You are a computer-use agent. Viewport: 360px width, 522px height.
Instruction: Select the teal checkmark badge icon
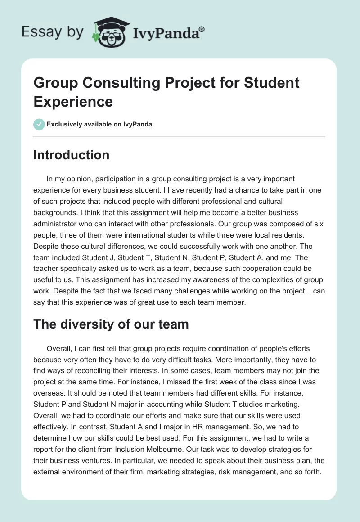39,124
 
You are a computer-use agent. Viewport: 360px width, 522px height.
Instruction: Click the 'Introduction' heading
72,155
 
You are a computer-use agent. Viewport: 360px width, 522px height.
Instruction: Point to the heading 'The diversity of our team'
111,324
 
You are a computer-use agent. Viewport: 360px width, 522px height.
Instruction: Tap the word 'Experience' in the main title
73,101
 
